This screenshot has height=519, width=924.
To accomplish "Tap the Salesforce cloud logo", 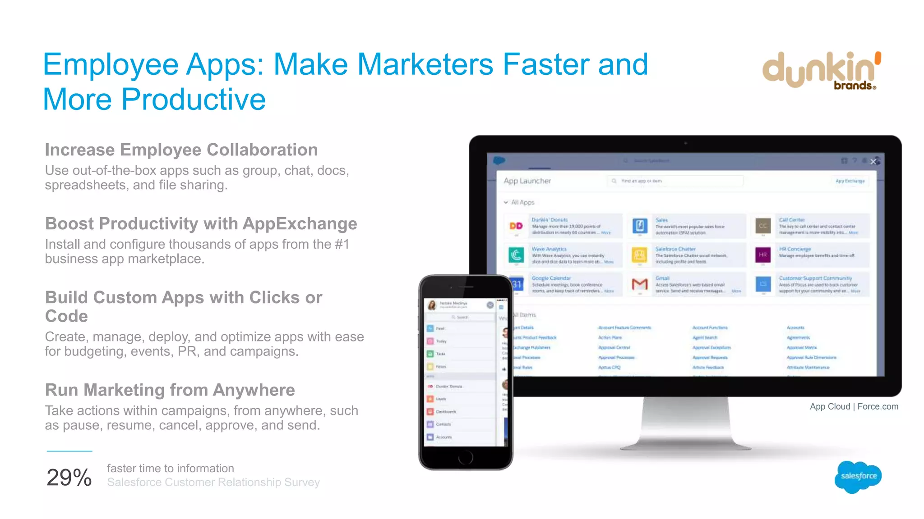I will (x=858, y=477).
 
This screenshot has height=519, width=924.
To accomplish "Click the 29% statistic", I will (x=69, y=478).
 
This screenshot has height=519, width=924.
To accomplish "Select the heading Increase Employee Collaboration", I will (x=181, y=150).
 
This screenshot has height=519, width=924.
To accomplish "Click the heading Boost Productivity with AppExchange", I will (x=201, y=224).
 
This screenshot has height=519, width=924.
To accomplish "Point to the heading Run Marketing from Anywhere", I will (x=170, y=390).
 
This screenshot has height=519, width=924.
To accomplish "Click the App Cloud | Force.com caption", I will (x=854, y=406).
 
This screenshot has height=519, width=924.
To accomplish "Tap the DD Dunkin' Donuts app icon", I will (x=516, y=226).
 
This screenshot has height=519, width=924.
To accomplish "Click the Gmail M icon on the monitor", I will (x=639, y=284).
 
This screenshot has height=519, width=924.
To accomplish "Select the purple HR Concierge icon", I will (x=762, y=255).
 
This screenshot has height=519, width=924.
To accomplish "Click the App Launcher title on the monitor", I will (x=527, y=181).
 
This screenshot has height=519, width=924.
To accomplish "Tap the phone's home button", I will (x=465, y=458).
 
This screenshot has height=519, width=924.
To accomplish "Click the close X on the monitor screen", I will (x=873, y=162).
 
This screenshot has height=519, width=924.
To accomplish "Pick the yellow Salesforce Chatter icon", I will (x=639, y=255).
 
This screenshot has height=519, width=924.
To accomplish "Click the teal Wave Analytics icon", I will (x=516, y=255).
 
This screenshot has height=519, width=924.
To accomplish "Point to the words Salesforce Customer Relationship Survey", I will (x=213, y=483).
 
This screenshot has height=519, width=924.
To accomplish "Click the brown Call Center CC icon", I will (x=762, y=226).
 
